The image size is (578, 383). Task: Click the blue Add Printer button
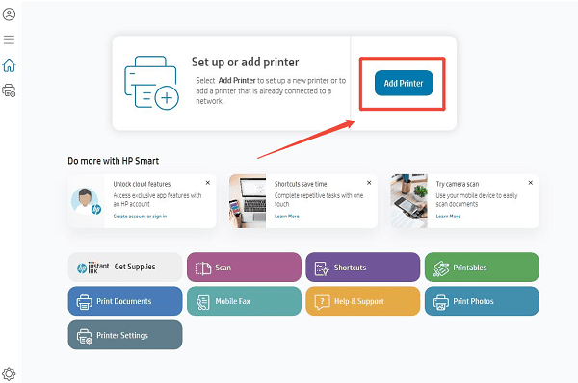click(x=404, y=83)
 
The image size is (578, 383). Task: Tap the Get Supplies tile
click(x=125, y=267)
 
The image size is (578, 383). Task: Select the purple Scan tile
click(x=244, y=268)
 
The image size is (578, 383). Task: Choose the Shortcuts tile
click(x=362, y=268)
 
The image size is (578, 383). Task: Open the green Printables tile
click(x=482, y=268)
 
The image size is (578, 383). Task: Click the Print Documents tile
click(x=125, y=301)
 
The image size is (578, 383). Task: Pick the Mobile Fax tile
click(x=244, y=301)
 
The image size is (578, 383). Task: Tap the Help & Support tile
click(x=362, y=301)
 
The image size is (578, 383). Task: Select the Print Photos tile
click(x=482, y=301)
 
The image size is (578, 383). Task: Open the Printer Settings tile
click(x=125, y=335)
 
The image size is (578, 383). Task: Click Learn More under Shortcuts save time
click(x=286, y=217)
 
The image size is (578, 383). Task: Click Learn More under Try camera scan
click(x=448, y=217)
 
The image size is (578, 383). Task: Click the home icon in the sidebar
click(x=10, y=65)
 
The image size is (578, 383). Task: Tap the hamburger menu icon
click(x=10, y=39)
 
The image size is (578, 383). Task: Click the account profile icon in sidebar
click(x=10, y=15)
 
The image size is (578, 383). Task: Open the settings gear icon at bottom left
click(x=10, y=372)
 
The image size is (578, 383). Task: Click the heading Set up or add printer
click(x=245, y=62)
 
